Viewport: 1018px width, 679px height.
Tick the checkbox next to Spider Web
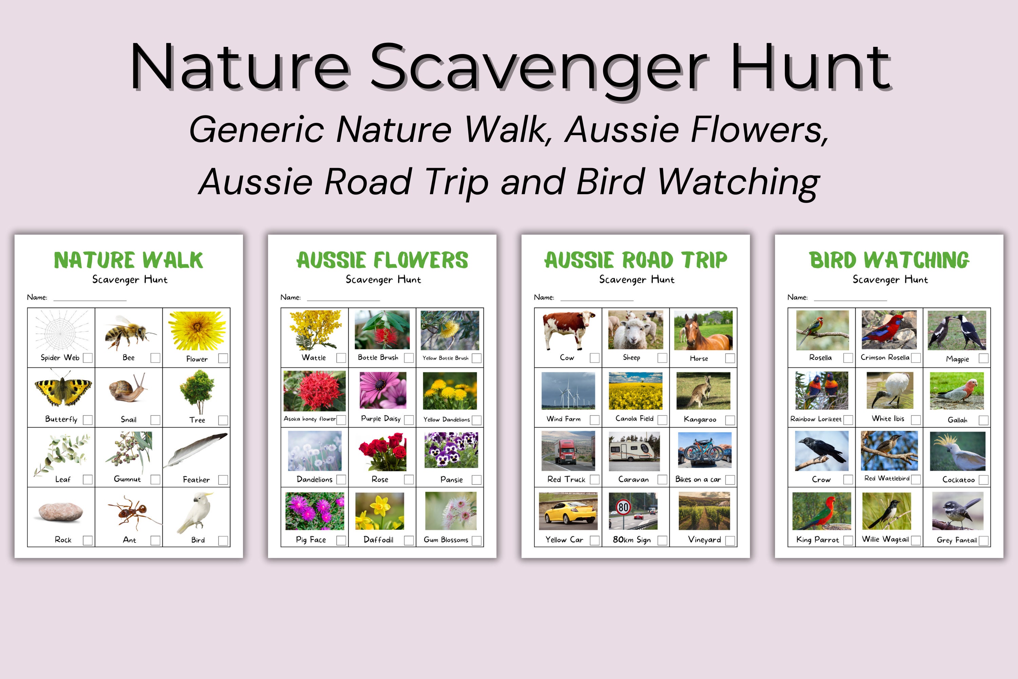(x=88, y=358)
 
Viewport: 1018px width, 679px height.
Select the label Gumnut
(x=127, y=479)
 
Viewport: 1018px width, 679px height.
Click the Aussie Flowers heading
(x=382, y=260)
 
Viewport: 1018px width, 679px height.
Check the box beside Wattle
(x=341, y=358)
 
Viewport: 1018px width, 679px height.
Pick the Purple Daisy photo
(x=383, y=390)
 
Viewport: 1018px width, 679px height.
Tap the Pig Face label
(x=311, y=539)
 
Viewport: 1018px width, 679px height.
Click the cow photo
(x=567, y=330)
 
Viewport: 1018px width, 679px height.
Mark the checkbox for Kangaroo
(x=730, y=420)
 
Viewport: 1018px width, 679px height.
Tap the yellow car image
(x=568, y=511)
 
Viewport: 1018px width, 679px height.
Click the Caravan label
(x=633, y=479)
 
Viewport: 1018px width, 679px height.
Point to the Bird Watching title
(x=889, y=260)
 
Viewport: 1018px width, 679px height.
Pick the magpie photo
(x=957, y=330)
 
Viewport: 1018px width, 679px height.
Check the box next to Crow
(x=848, y=479)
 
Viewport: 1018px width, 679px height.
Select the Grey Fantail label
(x=957, y=540)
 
